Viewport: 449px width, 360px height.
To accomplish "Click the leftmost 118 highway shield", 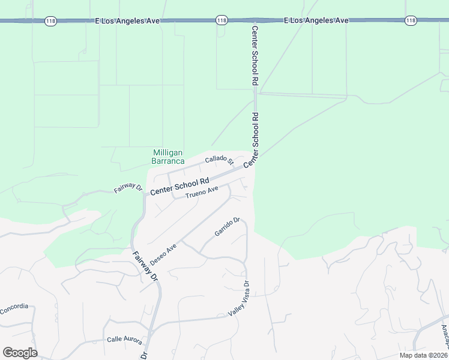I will click(x=50, y=21).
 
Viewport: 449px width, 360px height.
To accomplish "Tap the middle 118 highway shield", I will click(x=222, y=21).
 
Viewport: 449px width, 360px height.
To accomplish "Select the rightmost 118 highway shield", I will click(x=411, y=21).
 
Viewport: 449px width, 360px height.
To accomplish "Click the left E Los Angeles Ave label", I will click(x=128, y=21).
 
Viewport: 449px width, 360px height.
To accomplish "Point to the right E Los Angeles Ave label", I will click(x=316, y=21).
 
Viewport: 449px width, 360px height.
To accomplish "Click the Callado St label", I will click(x=218, y=160).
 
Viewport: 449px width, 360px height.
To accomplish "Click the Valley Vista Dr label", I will click(x=238, y=299).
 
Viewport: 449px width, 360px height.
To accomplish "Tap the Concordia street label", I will click(x=14, y=307).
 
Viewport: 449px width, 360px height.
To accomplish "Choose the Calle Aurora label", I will click(x=124, y=340).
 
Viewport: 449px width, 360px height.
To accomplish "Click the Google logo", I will click(x=20, y=353).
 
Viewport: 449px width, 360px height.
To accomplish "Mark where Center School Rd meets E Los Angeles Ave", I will click(x=255, y=21).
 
